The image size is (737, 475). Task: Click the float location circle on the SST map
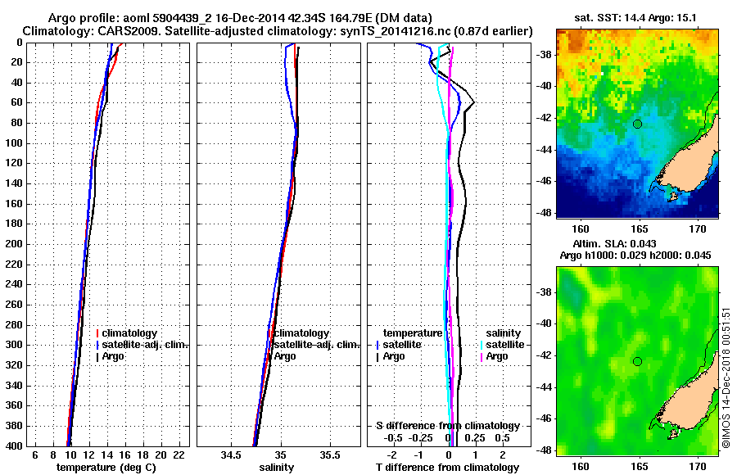637,124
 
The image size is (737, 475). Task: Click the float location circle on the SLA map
637,361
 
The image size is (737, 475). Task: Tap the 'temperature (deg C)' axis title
106,468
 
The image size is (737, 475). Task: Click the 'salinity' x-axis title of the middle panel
276,468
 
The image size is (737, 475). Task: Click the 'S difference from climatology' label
447,426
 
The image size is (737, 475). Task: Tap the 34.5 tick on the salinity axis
231,455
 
